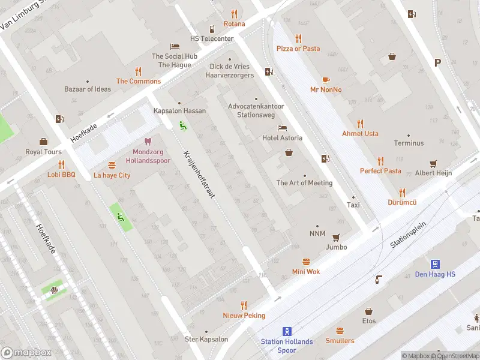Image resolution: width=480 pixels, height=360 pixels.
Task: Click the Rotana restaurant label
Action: click(234, 24)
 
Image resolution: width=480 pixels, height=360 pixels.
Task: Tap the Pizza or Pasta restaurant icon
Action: click(298, 38)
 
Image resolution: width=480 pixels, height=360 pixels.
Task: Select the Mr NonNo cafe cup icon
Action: click(326, 79)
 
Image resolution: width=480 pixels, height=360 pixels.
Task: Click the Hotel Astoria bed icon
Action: click(282, 128)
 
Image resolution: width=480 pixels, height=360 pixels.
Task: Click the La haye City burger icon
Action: click(112, 165)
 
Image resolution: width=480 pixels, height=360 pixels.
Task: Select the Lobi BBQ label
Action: click(61, 175)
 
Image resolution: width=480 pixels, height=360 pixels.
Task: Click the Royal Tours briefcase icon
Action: click(43, 142)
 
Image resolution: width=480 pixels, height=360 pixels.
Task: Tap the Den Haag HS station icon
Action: click(435, 264)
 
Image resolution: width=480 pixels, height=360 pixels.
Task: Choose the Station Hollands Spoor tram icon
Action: click(287, 331)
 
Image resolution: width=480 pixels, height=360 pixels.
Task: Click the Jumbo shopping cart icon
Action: click(336, 237)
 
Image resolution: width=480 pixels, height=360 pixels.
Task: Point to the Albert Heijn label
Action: click(433, 173)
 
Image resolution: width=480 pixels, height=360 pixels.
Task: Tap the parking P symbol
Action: click(437, 62)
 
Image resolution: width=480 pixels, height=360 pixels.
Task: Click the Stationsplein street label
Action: click(408, 235)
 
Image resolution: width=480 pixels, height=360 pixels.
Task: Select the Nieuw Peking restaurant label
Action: click(244, 316)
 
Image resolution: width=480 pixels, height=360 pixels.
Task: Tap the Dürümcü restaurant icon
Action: click(402, 193)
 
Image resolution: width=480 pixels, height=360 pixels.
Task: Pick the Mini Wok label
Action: click(306, 272)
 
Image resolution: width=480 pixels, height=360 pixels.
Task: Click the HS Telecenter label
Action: click(212, 38)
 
